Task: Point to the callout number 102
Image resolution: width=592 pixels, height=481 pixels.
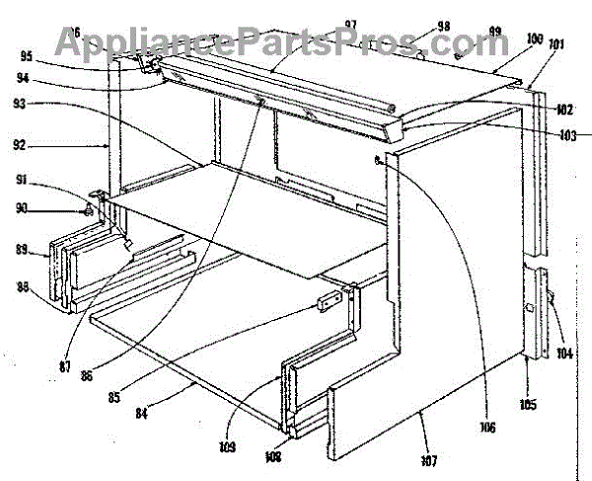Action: coord(564,111)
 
